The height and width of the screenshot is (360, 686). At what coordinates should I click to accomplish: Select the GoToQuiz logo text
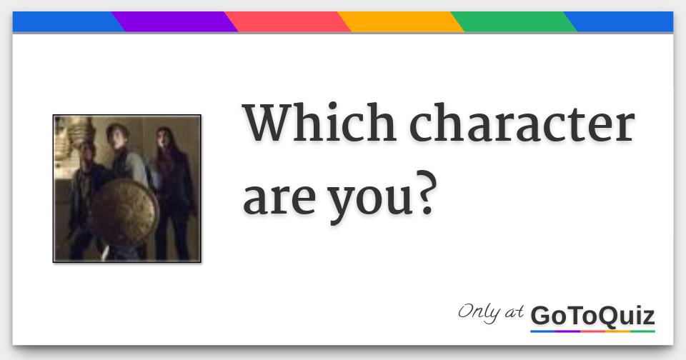592,315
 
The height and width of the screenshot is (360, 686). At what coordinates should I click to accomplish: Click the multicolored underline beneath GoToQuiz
592,331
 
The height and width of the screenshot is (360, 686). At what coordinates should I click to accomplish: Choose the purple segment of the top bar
176,22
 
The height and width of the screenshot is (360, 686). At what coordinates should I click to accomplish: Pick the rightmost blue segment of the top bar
622,22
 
